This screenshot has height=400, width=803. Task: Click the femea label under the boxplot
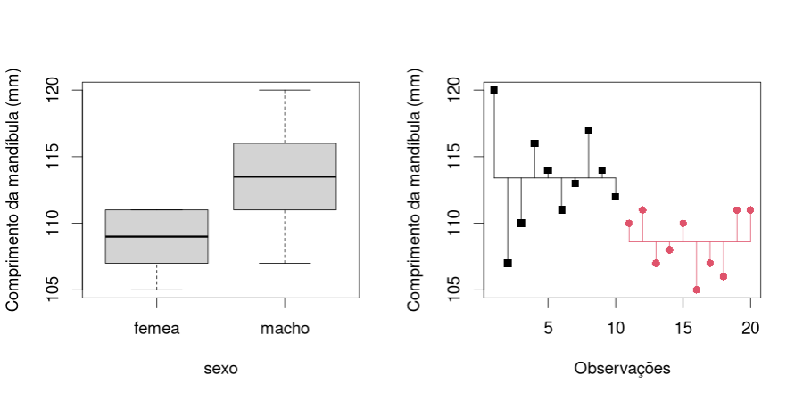(x=157, y=329)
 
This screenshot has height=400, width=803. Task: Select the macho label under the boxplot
(x=285, y=329)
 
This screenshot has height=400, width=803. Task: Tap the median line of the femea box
(x=157, y=236)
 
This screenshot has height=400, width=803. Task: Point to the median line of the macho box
(x=285, y=176)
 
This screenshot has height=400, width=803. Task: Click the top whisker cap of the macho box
(x=285, y=90)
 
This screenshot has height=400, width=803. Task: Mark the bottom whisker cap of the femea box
(x=157, y=290)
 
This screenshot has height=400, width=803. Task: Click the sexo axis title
(x=220, y=368)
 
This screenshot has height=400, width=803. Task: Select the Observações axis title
(x=622, y=368)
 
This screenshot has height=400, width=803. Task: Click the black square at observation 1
(x=494, y=90)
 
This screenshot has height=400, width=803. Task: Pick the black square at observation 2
(x=508, y=263)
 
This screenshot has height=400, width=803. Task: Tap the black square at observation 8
(x=589, y=130)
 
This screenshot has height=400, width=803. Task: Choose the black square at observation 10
(x=616, y=197)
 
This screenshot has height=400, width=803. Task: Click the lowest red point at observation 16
(x=697, y=290)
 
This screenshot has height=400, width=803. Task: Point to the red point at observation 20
(x=750, y=210)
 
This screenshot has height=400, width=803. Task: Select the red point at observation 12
(x=642, y=210)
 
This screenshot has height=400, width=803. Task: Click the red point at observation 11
(x=629, y=224)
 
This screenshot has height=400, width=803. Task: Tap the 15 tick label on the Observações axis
(x=683, y=329)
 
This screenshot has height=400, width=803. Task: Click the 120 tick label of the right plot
(x=455, y=90)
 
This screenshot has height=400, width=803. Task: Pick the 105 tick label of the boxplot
(x=54, y=290)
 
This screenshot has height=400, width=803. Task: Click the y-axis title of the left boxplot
(x=14, y=191)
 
